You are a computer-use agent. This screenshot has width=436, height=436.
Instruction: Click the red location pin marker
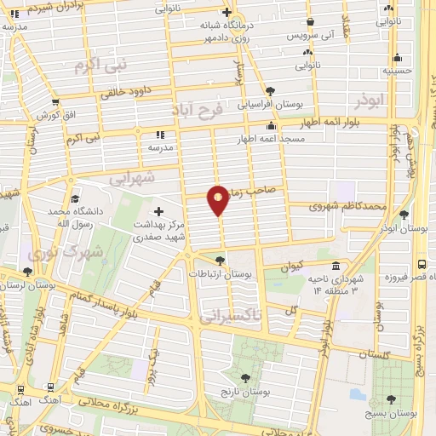(219, 198)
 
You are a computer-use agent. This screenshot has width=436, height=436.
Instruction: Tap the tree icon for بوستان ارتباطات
(221, 261)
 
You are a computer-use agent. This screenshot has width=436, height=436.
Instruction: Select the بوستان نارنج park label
(245, 393)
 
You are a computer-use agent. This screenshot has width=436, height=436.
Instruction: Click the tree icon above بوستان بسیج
(391, 399)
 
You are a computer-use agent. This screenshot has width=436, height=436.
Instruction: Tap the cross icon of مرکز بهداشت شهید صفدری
(158, 210)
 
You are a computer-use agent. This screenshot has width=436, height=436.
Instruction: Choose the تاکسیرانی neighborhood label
(231, 316)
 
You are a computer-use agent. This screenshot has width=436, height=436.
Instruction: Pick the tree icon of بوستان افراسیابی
(270, 91)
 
